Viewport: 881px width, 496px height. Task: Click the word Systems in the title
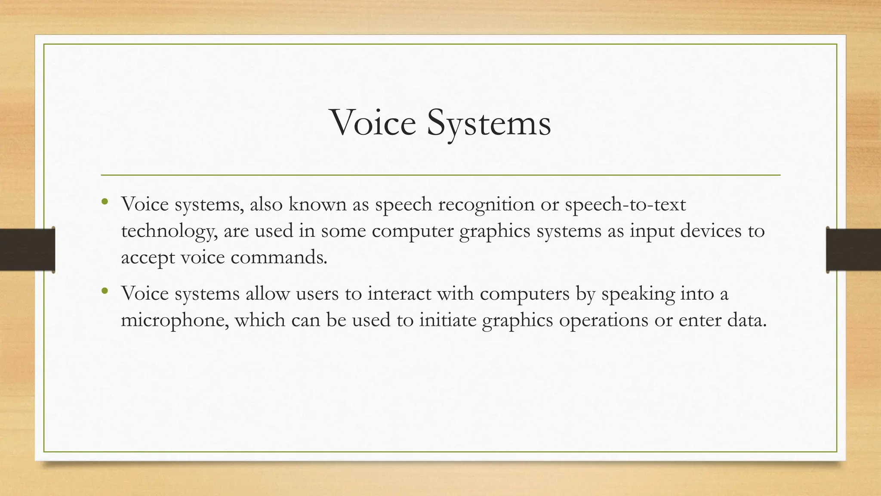489,123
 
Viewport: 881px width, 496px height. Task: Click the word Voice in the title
373,123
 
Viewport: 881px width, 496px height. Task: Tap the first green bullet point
105,201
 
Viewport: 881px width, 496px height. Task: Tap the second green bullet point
105,291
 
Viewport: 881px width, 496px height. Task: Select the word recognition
486,204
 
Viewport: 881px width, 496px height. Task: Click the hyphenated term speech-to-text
625,204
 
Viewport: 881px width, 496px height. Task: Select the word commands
279,257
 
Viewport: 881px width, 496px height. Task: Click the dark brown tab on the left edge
27,250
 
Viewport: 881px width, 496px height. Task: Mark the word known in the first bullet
317,204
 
